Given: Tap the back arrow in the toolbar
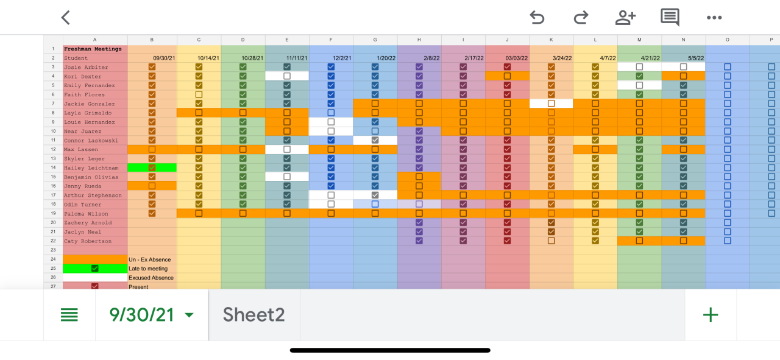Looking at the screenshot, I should pyautogui.click(x=66, y=18).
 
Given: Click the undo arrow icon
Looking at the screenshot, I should pyautogui.click(x=537, y=18).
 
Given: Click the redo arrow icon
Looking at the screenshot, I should pyautogui.click(x=581, y=18).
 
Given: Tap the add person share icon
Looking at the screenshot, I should pyautogui.click(x=625, y=18).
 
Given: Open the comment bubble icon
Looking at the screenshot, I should pyautogui.click(x=670, y=18).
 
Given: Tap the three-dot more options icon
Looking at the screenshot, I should pyautogui.click(x=714, y=18).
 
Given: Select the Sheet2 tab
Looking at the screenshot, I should pyautogui.click(x=253, y=314).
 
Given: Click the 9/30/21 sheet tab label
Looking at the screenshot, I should pyautogui.click(x=142, y=314).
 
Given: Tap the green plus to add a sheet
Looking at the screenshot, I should pyautogui.click(x=711, y=314).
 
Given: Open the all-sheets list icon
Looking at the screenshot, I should pyautogui.click(x=69, y=314).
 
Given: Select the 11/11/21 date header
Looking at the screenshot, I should pyautogui.click(x=297, y=58).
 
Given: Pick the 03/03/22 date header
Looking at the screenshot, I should pyautogui.click(x=516, y=58).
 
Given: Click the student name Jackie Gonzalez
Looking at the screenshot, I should pyautogui.click(x=89, y=104).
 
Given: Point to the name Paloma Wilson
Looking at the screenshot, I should pyautogui.click(x=86, y=214).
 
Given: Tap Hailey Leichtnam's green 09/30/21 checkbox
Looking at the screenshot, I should pyautogui.click(x=152, y=168).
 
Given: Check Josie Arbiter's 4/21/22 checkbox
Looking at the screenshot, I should pyautogui.click(x=639, y=67).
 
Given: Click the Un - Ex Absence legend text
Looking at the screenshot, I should pyautogui.click(x=150, y=259).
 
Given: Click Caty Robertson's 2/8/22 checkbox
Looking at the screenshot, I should pyautogui.click(x=419, y=241).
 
